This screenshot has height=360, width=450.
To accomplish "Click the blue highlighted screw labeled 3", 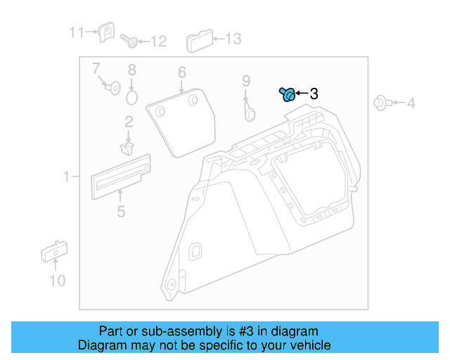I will [287, 94].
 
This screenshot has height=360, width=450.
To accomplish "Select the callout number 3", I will [314, 94].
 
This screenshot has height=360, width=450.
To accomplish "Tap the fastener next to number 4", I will [381, 103].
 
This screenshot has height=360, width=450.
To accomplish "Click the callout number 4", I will [411, 104].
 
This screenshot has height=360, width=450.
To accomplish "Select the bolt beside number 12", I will [129, 41].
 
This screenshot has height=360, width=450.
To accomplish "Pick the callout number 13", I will [232, 39].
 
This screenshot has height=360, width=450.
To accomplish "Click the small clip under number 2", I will [127, 148].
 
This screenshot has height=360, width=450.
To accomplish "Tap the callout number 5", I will [121, 211].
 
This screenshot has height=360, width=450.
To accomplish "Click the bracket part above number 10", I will [53, 251].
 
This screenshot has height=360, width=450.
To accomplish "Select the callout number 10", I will [57, 281].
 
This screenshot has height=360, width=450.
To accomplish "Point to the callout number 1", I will [67, 177].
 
